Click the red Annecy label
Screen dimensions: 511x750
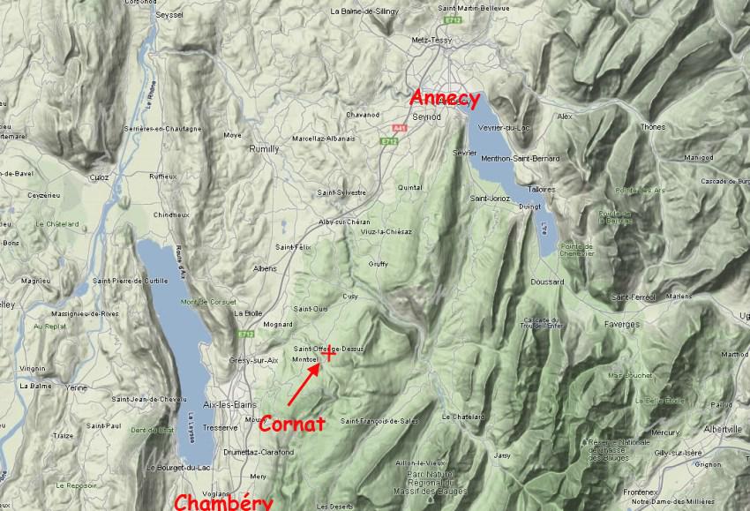tap(446, 98)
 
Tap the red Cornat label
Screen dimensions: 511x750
tap(292, 424)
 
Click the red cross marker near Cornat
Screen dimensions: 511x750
tap(328, 355)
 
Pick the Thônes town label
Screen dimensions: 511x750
tap(653, 127)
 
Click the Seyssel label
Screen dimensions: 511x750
tap(169, 15)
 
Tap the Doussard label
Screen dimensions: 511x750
tap(548, 282)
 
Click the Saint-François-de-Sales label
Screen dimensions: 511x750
tap(379, 420)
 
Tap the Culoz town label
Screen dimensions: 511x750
tap(99, 177)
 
